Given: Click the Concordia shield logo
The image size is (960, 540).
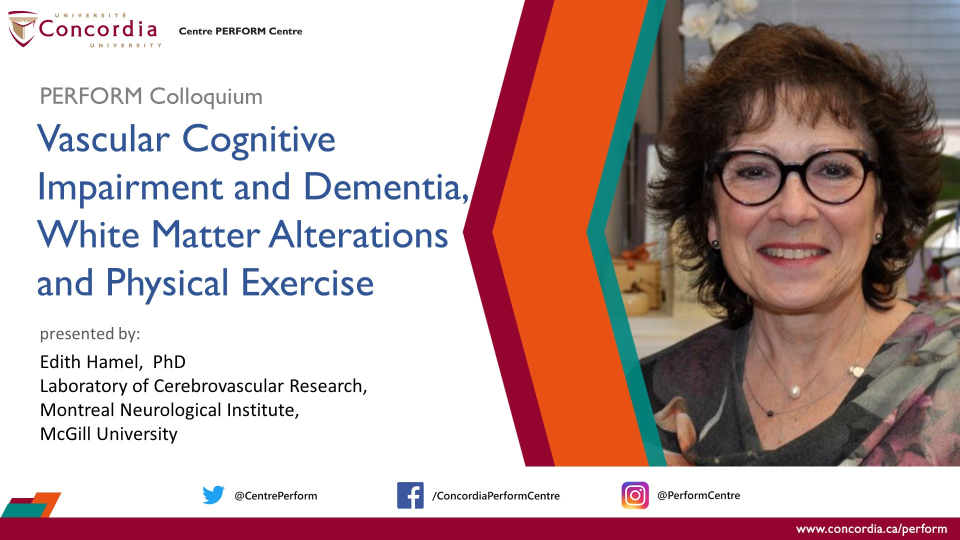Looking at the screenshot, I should click(x=22, y=29).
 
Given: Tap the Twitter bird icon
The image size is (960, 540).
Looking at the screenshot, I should click(x=213, y=495).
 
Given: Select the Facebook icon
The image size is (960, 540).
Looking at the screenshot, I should click(x=410, y=495).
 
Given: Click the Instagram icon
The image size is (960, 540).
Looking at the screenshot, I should click(x=635, y=495).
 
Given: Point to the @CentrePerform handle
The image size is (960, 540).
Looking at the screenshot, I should click(x=275, y=495).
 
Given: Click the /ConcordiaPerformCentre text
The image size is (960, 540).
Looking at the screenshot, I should click(x=495, y=495).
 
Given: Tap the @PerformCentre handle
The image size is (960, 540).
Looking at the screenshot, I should click(x=698, y=495).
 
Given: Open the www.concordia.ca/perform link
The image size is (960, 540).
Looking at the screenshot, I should click(x=871, y=529).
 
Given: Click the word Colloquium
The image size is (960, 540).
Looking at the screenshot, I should click(x=206, y=97).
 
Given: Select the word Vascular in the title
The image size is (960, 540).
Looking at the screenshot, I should click(x=103, y=139).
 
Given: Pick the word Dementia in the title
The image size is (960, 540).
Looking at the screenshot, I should click(x=385, y=187).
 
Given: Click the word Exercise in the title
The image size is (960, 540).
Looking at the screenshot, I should click(x=307, y=283).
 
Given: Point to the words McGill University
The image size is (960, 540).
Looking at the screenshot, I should click(x=108, y=434).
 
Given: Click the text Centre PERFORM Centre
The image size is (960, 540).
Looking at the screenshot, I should click(x=240, y=31).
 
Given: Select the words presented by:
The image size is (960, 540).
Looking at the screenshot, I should click(x=90, y=333).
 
